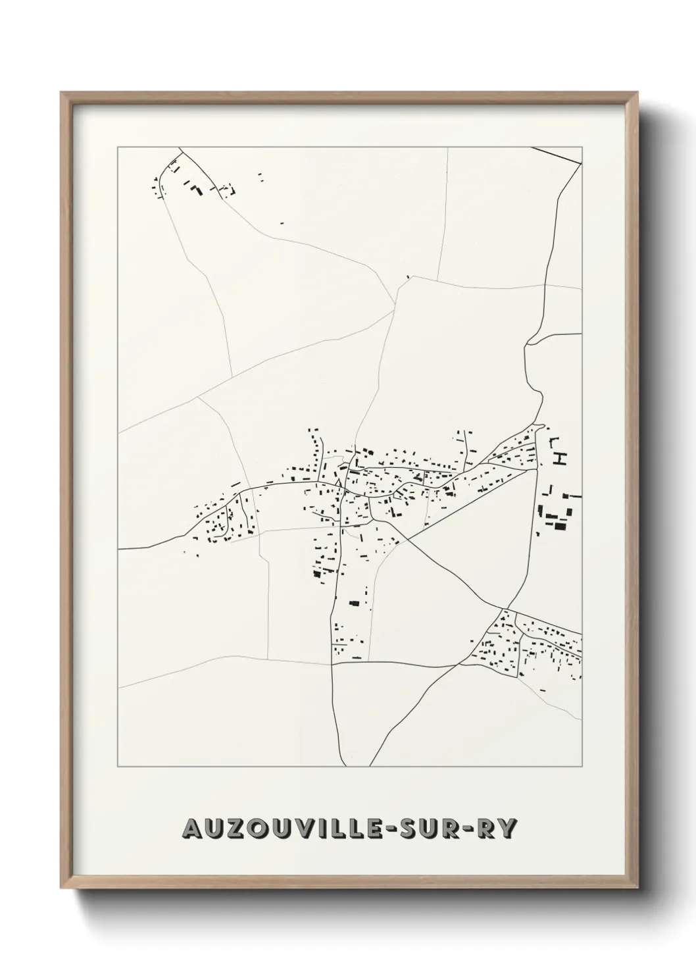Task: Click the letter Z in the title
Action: [x=237, y=829]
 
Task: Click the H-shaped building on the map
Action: [x=560, y=458]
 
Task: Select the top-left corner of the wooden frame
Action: [x=61, y=93]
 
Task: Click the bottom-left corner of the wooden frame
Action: [x=61, y=889]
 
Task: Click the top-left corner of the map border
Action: [x=118, y=147]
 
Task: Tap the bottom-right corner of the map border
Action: [x=582, y=767]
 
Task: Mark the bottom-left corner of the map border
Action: [x=118, y=767]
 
